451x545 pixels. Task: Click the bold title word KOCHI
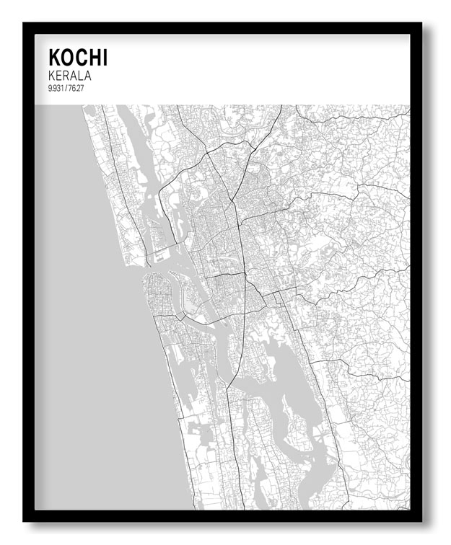77,57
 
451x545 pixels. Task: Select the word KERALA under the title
69,74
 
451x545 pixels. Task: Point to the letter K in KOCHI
54,57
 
